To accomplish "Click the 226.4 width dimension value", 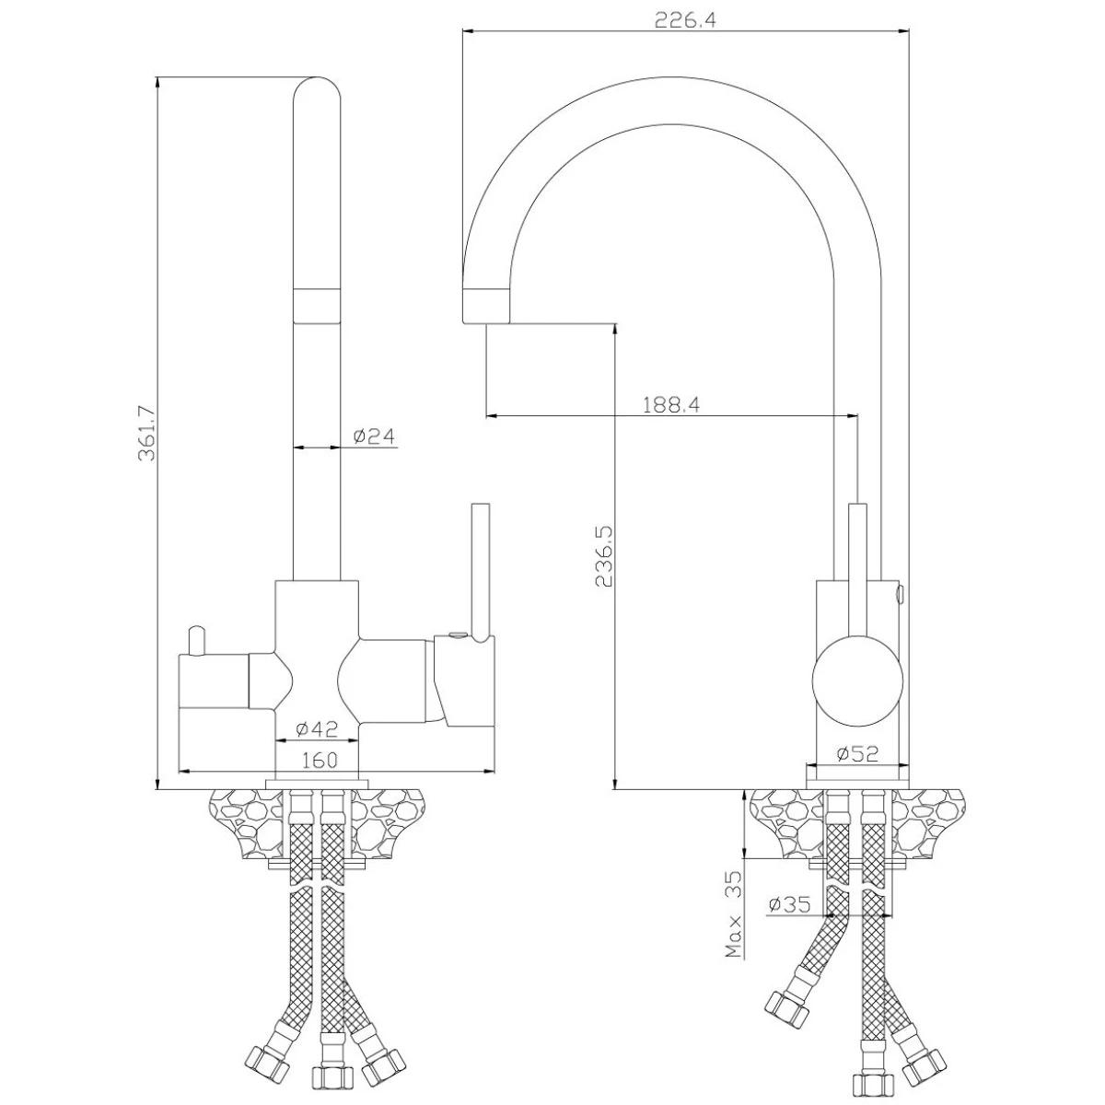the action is pyautogui.click(x=685, y=20).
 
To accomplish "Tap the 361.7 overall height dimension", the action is pyautogui.click(x=146, y=434).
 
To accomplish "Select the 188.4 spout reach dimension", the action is pyautogui.click(x=671, y=405).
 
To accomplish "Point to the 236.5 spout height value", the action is pyautogui.click(x=604, y=556).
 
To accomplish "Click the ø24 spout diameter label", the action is pyautogui.click(x=374, y=436).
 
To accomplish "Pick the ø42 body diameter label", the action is pyautogui.click(x=317, y=729).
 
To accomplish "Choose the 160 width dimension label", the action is pyautogui.click(x=320, y=761).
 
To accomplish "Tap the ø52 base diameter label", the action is pyautogui.click(x=856, y=754).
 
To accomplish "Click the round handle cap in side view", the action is pyautogui.click(x=857, y=680).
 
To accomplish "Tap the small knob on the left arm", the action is pyautogui.click(x=196, y=640).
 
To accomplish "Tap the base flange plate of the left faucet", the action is pyautogui.click(x=317, y=784).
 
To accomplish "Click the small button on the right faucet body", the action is pyautogui.click(x=900, y=594).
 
